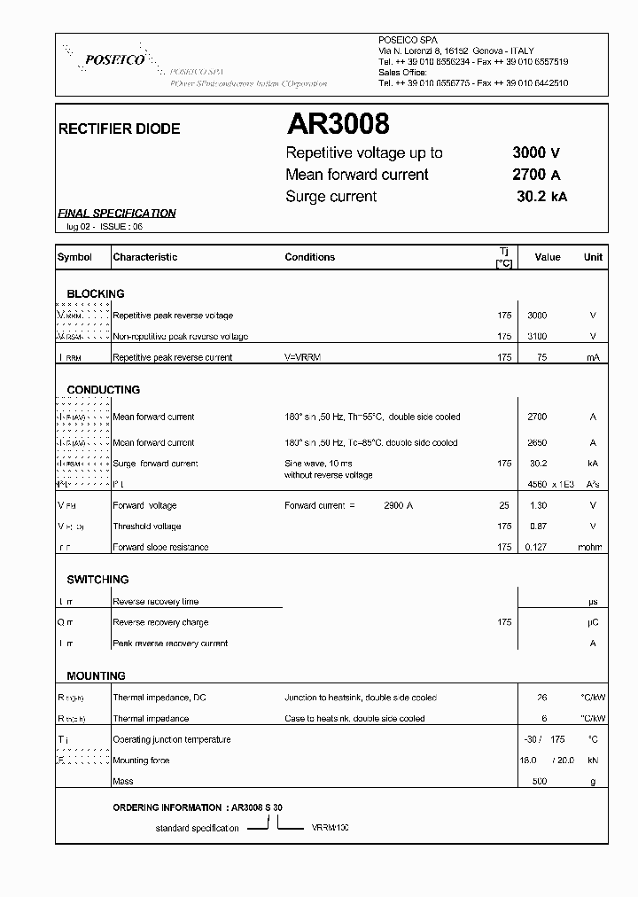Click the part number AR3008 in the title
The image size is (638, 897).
tap(338, 125)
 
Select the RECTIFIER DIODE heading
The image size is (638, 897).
tap(119, 129)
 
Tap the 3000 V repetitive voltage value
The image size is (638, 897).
tap(536, 152)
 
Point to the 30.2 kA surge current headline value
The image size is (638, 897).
tap(541, 197)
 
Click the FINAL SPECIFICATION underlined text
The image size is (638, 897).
tap(117, 214)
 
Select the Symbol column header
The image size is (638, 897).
tap(74, 257)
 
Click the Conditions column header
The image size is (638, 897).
tap(310, 257)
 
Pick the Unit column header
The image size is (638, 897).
tap(593, 257)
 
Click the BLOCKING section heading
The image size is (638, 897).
tap(96, 293)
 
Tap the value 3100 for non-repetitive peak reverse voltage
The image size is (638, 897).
tap(537, 337)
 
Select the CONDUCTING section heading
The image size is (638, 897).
tap(104, 390)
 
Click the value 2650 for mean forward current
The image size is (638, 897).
tap(537, 442)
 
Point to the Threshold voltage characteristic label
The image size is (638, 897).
tap(147, 526)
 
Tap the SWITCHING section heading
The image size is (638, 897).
tap(97, 580)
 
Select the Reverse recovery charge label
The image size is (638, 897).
tap(160, 622)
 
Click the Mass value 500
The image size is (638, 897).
tap(539, 782)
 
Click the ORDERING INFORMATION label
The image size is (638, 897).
tap(167, 807)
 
